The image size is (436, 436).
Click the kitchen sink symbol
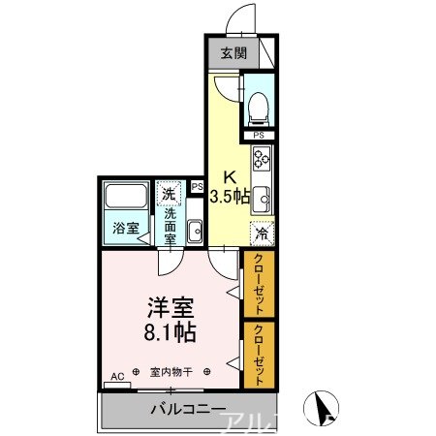pyautogui.click(x=261, y=197)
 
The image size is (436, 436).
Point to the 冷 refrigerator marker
pyautogui.click(x=261, y=233)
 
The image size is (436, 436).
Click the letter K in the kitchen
pyautogui.click(x=230, y=177)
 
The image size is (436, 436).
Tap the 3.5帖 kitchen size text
pyautogui.click(x=230, y=196)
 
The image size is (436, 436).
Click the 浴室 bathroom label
pyautogui.click(x=124, y=229)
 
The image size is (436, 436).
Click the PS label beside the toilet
pyautogui.click(x=259, y=135)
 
